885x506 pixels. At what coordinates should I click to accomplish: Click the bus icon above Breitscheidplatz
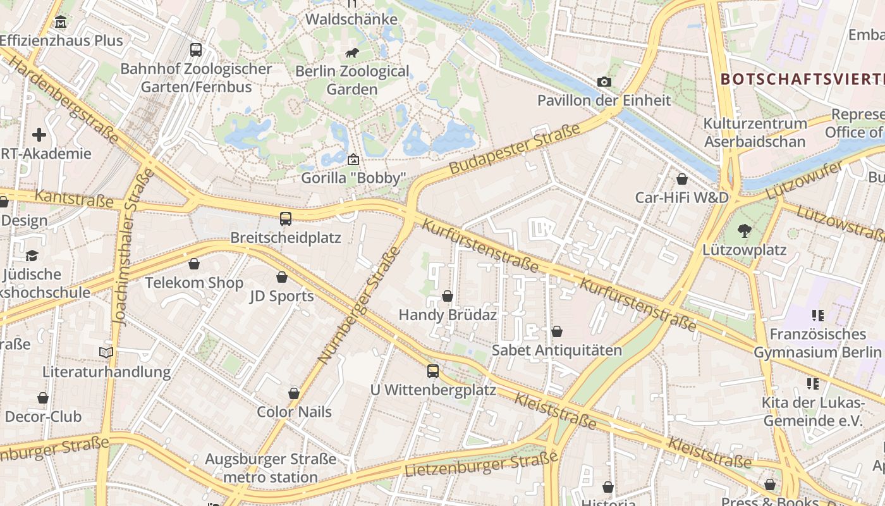tap(286, 219)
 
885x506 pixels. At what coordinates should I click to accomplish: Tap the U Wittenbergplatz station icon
tap(433, 371)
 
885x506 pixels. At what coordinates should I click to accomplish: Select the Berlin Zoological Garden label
tap(352, 80)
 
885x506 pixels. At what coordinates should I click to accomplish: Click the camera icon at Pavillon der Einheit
tap(604, 82)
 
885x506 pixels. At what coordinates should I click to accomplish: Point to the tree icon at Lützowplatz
tap(745, 231)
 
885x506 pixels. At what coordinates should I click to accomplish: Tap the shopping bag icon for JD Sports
tap(282, 277)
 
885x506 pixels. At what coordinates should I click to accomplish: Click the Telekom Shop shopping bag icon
tap(194, 264)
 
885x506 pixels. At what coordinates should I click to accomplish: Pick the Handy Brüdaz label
tap(448, 314)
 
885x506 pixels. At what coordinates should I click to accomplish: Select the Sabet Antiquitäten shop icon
tap(557, 331)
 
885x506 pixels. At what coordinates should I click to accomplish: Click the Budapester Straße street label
tap(515, 150)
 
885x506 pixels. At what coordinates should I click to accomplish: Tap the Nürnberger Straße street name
tap(359, 305)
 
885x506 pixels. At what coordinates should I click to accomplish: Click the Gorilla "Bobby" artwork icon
tap(353, 159)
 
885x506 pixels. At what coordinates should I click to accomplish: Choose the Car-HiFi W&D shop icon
tap(682, 179)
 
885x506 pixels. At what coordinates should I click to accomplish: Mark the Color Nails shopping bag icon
tap(294, 393)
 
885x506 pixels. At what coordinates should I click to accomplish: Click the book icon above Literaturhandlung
tap(106, 352)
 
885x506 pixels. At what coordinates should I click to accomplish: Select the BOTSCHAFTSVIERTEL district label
tap(802, 79)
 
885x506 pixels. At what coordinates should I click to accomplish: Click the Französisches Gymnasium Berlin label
tap(817, 343)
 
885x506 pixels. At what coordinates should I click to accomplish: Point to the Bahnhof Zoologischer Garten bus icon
tap(196, 49)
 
